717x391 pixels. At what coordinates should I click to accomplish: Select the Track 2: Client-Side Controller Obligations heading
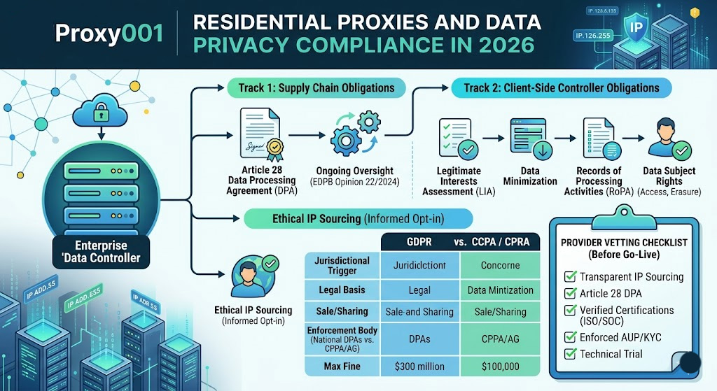[560, 88]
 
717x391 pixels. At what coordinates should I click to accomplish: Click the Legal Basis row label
[342, 290]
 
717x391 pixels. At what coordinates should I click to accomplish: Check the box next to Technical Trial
[569, 354]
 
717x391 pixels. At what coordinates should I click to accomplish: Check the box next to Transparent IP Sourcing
[569, 276]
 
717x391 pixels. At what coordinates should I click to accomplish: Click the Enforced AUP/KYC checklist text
[620, 337]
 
